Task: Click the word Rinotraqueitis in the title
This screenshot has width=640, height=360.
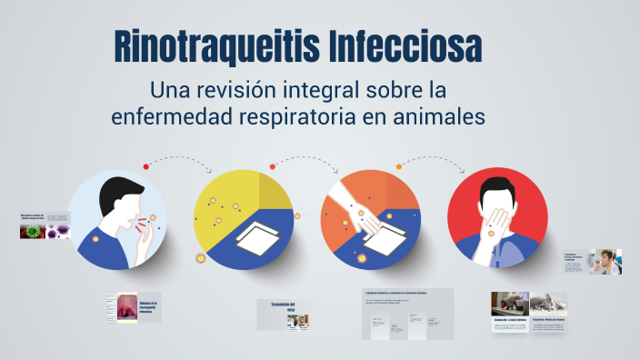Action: point(215,47)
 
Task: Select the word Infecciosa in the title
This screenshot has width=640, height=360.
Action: point(405,47)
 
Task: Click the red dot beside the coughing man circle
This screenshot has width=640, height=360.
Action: point(145,166)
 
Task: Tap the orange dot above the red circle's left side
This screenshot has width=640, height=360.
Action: point(398,165)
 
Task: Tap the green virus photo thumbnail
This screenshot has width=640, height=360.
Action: point(33,231)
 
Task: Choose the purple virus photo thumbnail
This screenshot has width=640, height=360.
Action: point(58,231)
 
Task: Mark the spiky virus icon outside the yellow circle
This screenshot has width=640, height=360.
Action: point(202,258)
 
